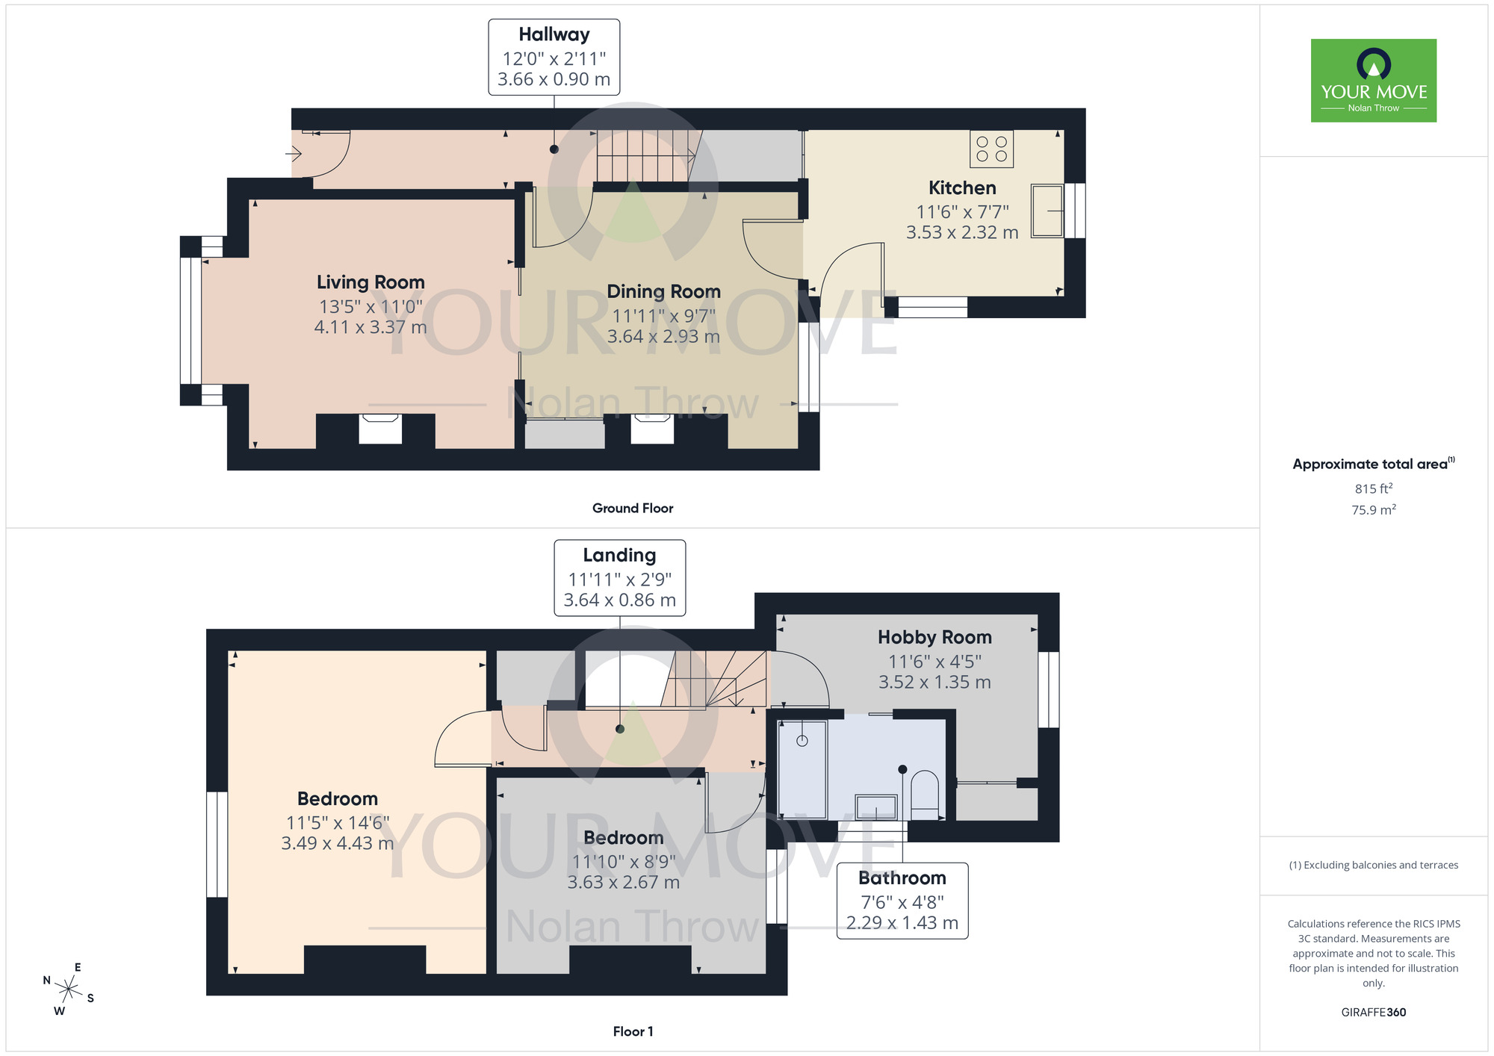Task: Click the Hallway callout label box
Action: pos(554,57)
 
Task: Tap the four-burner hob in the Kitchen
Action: pos(991,149)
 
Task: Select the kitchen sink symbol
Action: pos(1047,211)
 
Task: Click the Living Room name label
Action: pos(371,282)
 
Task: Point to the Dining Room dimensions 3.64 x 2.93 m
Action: pos(663,337)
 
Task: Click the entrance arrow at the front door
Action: pos(294,155)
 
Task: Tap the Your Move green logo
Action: pos(1373,81)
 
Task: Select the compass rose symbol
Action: pos(68,990)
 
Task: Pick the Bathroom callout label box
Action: pos(902,900)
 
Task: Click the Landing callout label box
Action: pos(619,577)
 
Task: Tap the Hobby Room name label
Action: pos(934,637)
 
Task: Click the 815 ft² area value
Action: pos(1373,488)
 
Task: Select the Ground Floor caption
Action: pos(633,508)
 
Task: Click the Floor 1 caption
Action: pos(633,1031)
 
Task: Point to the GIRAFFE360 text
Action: pos(1373,1013)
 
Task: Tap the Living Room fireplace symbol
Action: pos(380,429)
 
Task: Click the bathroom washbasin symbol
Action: pos(875,807)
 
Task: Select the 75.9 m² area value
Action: pos(1373,510)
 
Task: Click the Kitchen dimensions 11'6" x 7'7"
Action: pos(962,212)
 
